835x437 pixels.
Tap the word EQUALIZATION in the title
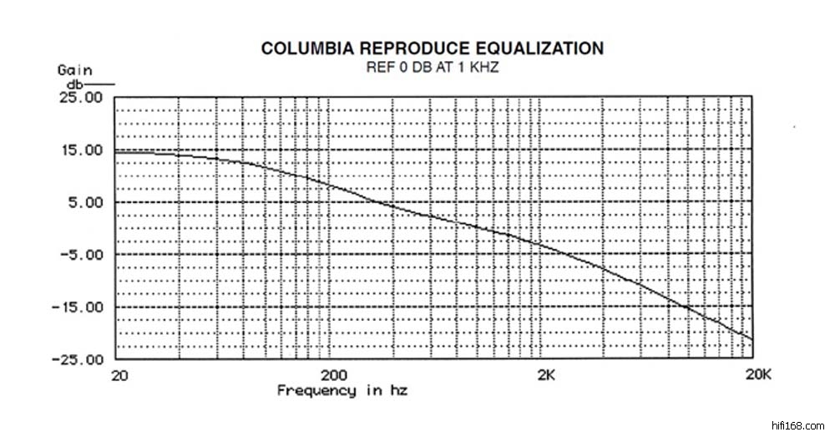pos(534,48)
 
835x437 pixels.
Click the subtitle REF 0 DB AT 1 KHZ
pos(432,66)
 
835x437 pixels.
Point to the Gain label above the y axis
pos(74,70)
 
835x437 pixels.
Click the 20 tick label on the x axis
pos(119,376)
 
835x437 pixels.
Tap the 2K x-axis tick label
pos(546,376)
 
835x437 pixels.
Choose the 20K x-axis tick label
pos(759,376)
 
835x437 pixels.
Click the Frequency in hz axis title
pos(342,391)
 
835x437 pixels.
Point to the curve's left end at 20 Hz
pos(115,151)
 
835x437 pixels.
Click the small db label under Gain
pos(73,84)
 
